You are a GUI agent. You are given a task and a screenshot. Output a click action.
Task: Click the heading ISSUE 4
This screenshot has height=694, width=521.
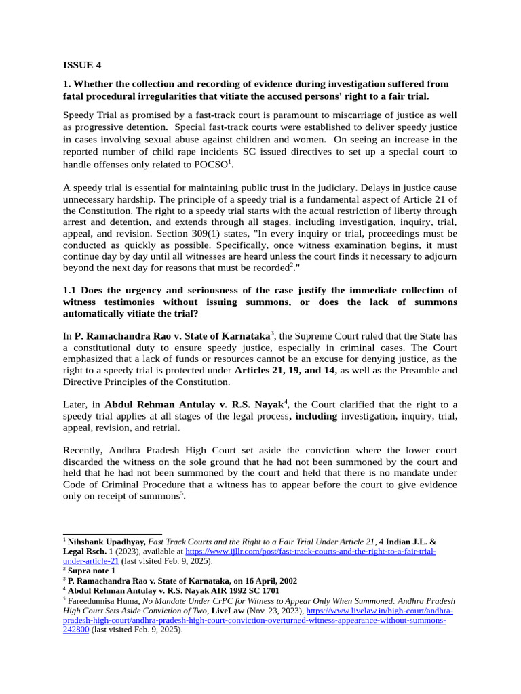tap(82, 66)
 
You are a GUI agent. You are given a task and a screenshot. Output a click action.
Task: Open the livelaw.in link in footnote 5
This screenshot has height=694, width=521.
tap(380, 610)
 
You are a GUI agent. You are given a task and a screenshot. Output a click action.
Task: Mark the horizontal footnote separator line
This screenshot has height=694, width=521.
tap(112, 534)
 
